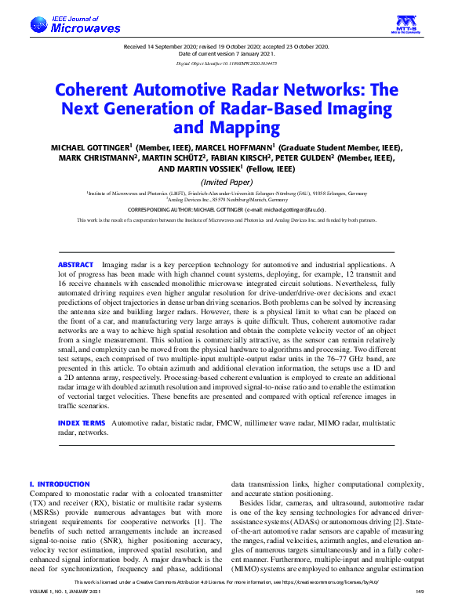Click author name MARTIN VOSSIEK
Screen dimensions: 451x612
(202, 168)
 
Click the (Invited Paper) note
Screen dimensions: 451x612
(225, 181)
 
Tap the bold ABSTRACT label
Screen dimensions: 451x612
(75, 266)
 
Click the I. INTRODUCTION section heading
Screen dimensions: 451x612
(59, 484)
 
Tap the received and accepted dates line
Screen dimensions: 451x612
(225, 47)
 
